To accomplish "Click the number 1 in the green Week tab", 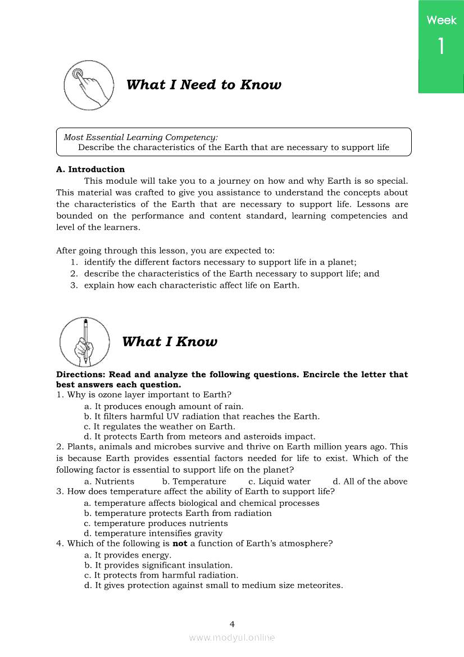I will click(x=441, y=46).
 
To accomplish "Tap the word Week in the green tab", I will click(x=441, y=20).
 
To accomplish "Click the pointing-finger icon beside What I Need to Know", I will click(x=89, y=85).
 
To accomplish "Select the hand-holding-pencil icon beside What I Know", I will click(x=85, y=342).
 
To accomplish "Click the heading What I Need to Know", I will click(x=203, y=85).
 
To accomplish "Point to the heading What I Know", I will click(x=169, y=342).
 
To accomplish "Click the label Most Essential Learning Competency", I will click(x=140, y=137).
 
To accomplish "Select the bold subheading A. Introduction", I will click(x=90, y=169).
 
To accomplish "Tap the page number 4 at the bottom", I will click(x=232, y=624).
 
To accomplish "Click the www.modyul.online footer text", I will click(x=232, y=637).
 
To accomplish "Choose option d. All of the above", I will click(x=370, y=481).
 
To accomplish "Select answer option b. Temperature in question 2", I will click(x=194, y=481).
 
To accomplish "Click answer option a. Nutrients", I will click(x=109, y=481).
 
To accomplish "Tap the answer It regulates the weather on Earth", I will click(x=160, y=427).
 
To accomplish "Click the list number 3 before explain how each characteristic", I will click(x=74, y=285).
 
